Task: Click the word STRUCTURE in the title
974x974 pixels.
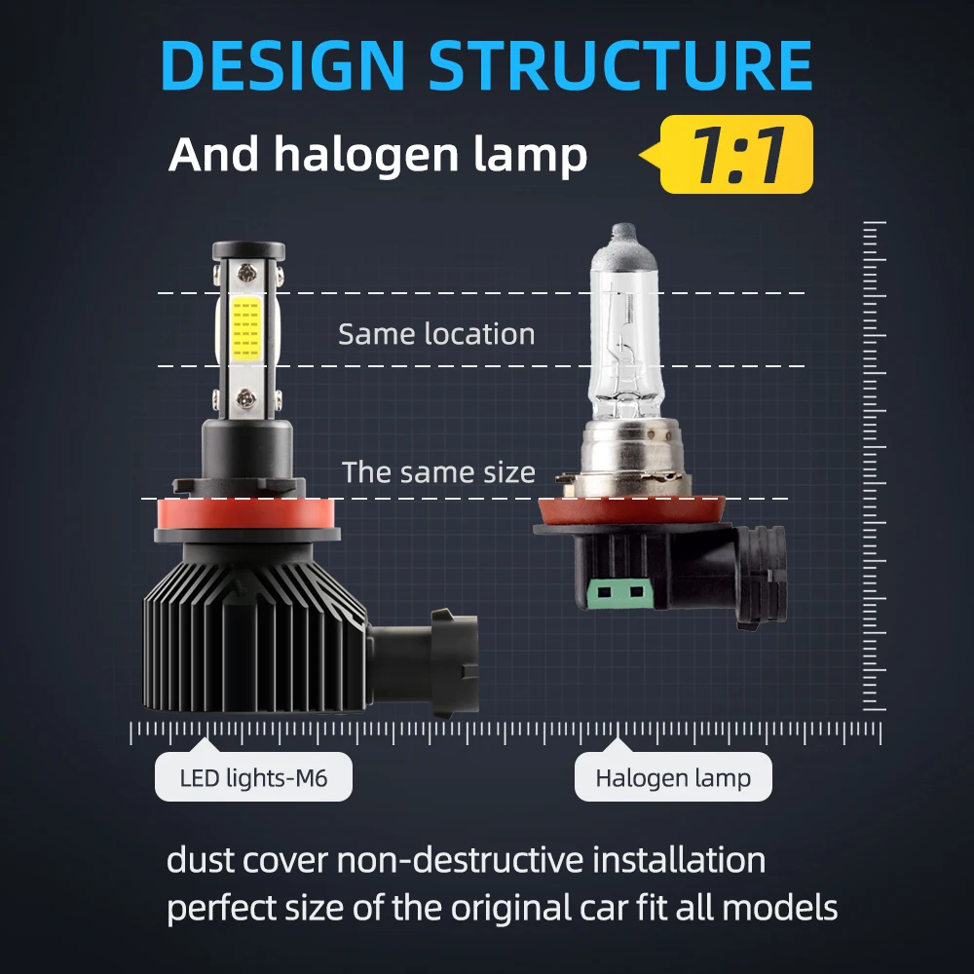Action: pyautogui.click(x=620, y=66)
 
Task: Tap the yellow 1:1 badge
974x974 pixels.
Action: pyautogui.click(x=736, y=154)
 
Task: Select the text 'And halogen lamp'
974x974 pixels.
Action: pyautogui.click(x=378, y=156)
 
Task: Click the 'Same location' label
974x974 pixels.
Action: pyautogui.click(x=436, y=334)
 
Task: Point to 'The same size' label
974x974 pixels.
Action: pyautogui.click(x=438, y=473)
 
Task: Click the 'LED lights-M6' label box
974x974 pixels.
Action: pyautogui.click(x=253, y=778)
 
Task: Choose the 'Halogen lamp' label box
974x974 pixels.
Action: pyautogui.click(x=673, y=778)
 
